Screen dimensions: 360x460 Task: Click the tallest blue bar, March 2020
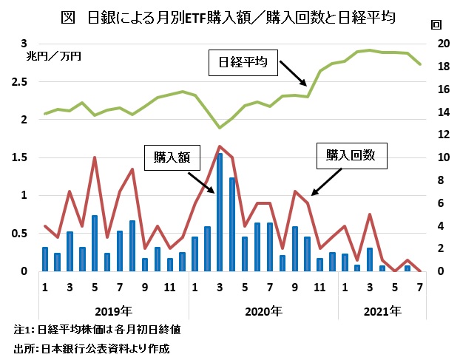219,212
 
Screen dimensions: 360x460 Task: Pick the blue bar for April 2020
231,224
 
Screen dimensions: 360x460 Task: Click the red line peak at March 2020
219,146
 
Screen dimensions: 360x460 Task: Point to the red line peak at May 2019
95,157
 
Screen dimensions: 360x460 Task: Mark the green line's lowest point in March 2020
219,128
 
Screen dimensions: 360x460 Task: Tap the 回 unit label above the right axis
435,24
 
